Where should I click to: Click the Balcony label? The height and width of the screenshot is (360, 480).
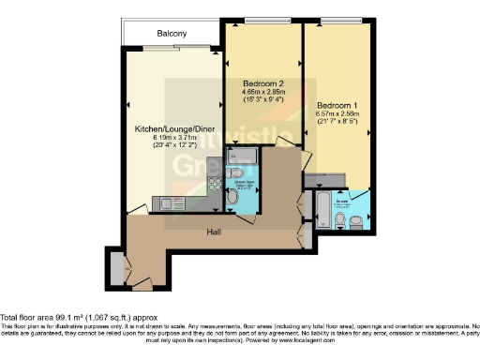point(171,33)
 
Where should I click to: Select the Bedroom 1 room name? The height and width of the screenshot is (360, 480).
point(337,104)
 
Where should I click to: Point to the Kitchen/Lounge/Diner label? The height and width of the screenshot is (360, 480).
point(172,129)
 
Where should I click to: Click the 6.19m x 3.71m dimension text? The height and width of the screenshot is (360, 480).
point(172,139)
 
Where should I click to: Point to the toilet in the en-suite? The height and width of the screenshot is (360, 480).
point(357,221)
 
